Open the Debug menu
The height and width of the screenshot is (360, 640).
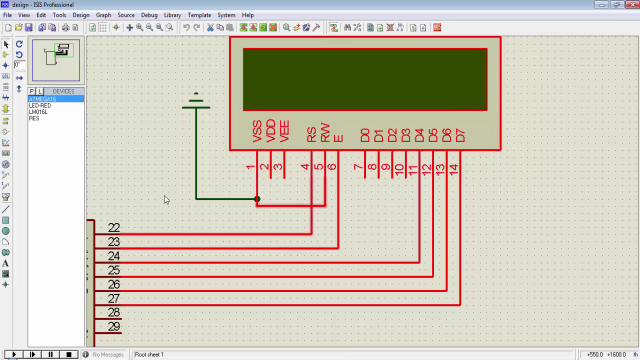click(x=149, y=15)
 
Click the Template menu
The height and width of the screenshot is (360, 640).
click(x=199, y=15)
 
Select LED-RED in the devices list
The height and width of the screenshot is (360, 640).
click(x=40, y=105)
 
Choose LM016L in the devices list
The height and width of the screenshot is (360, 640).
click(x=38, y=112)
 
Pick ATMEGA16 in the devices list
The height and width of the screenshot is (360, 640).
click(x=42, y=99)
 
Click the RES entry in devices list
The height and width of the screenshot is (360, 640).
click(x=34, y=118)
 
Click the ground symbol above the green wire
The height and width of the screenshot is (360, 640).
click(x=196, y=102)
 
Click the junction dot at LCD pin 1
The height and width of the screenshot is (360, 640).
click(x=257, y=199)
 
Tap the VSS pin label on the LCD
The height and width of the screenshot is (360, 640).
click(x=257, y=131)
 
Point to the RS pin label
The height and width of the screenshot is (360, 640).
click(x=311, y=134)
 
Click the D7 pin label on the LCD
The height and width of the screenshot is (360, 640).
click(x=460, y=135)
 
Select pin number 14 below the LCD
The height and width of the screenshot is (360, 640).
click(x=453, y=169)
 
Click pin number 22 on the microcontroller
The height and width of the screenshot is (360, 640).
click(x=114, y=227)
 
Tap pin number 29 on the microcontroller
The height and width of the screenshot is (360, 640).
click(x=114, y=326)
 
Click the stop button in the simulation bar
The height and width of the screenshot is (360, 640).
click(x=68, y=354)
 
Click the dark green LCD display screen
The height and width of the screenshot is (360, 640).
click(x=365, y=79)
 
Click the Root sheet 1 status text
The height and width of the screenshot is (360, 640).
click(x=149, y=354)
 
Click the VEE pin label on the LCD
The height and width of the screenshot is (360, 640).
click(x=284, y=131)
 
